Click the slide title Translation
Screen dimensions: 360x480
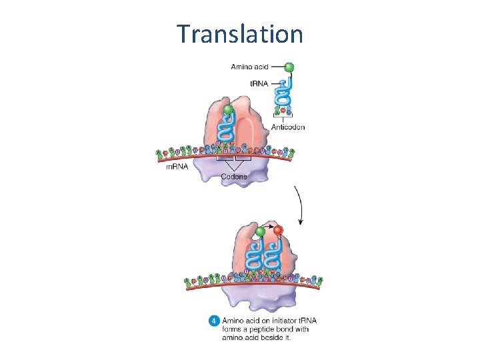240,33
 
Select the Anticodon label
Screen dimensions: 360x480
288,127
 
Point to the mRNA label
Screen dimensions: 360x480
177,167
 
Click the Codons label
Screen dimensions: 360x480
234,177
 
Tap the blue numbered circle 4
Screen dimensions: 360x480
214,321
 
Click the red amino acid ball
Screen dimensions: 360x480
279,231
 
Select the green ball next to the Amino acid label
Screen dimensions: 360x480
289,67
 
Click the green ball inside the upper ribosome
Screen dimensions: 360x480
228,109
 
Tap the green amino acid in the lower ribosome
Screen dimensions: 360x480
261,231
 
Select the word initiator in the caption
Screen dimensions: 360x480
283,321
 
